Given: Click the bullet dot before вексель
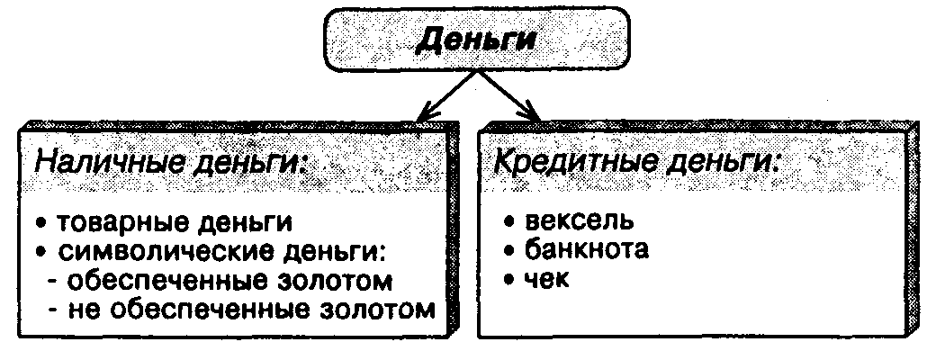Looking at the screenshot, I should pos(509,221).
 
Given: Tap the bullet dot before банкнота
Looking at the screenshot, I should pos(509,250).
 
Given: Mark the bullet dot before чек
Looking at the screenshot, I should pos(509,279).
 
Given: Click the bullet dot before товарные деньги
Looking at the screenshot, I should pos(41,221).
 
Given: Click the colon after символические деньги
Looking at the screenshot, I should pos(392,251).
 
